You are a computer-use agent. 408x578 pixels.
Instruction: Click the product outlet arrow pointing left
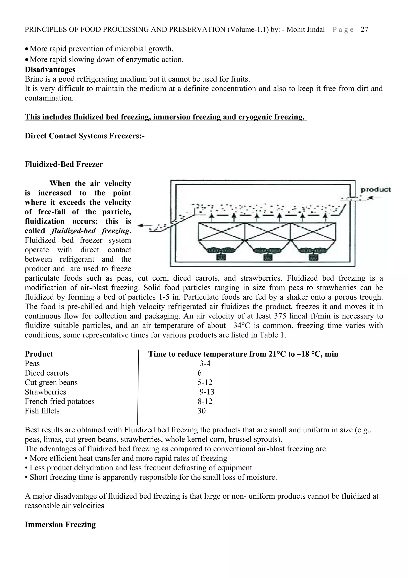click(145, 226)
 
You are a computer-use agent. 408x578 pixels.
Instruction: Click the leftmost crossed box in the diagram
click(222, 231)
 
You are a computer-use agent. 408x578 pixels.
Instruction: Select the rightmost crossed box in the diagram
click(313, 231)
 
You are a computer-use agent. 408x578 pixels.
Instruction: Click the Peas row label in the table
click(32, 364)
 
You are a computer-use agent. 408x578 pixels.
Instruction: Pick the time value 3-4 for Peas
click(205, 364)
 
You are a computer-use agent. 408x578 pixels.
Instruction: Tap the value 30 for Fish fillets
click(201, 411)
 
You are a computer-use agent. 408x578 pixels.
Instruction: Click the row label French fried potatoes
click(60, 401)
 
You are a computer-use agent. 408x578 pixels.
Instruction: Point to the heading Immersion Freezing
click(60, 525)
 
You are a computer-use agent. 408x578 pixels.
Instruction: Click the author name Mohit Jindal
click(306, 30)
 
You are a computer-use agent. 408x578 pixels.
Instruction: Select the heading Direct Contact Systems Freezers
click(84, 136)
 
